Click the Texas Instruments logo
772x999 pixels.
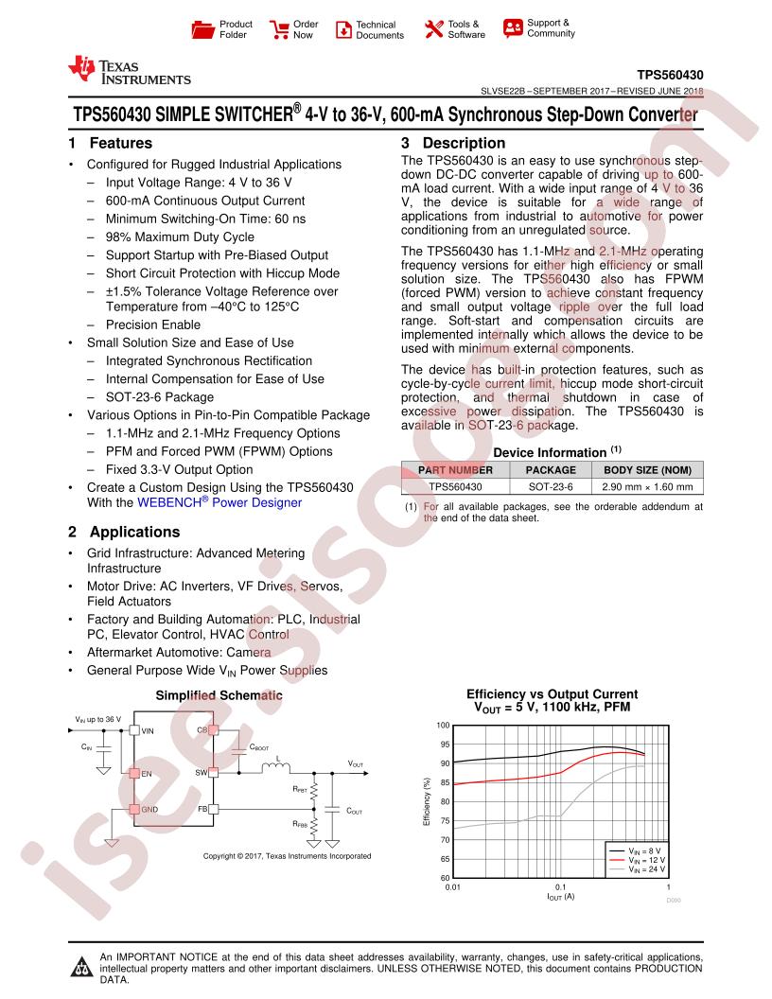coord(129,72)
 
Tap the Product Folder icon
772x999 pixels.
coord(202,29)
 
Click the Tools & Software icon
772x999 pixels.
coord(433,29)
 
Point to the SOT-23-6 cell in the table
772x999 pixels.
coord(551,487)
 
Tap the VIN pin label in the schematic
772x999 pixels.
coord(148,730)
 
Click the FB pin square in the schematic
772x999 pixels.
coord(214,810)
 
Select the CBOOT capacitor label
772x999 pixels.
coord(260,747)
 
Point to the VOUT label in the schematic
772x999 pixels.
coord(356,763)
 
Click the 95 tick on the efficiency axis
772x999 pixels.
coord(444,745)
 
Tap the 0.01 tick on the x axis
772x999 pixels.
coord(453,887)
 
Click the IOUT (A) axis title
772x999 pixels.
coord(561,897)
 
